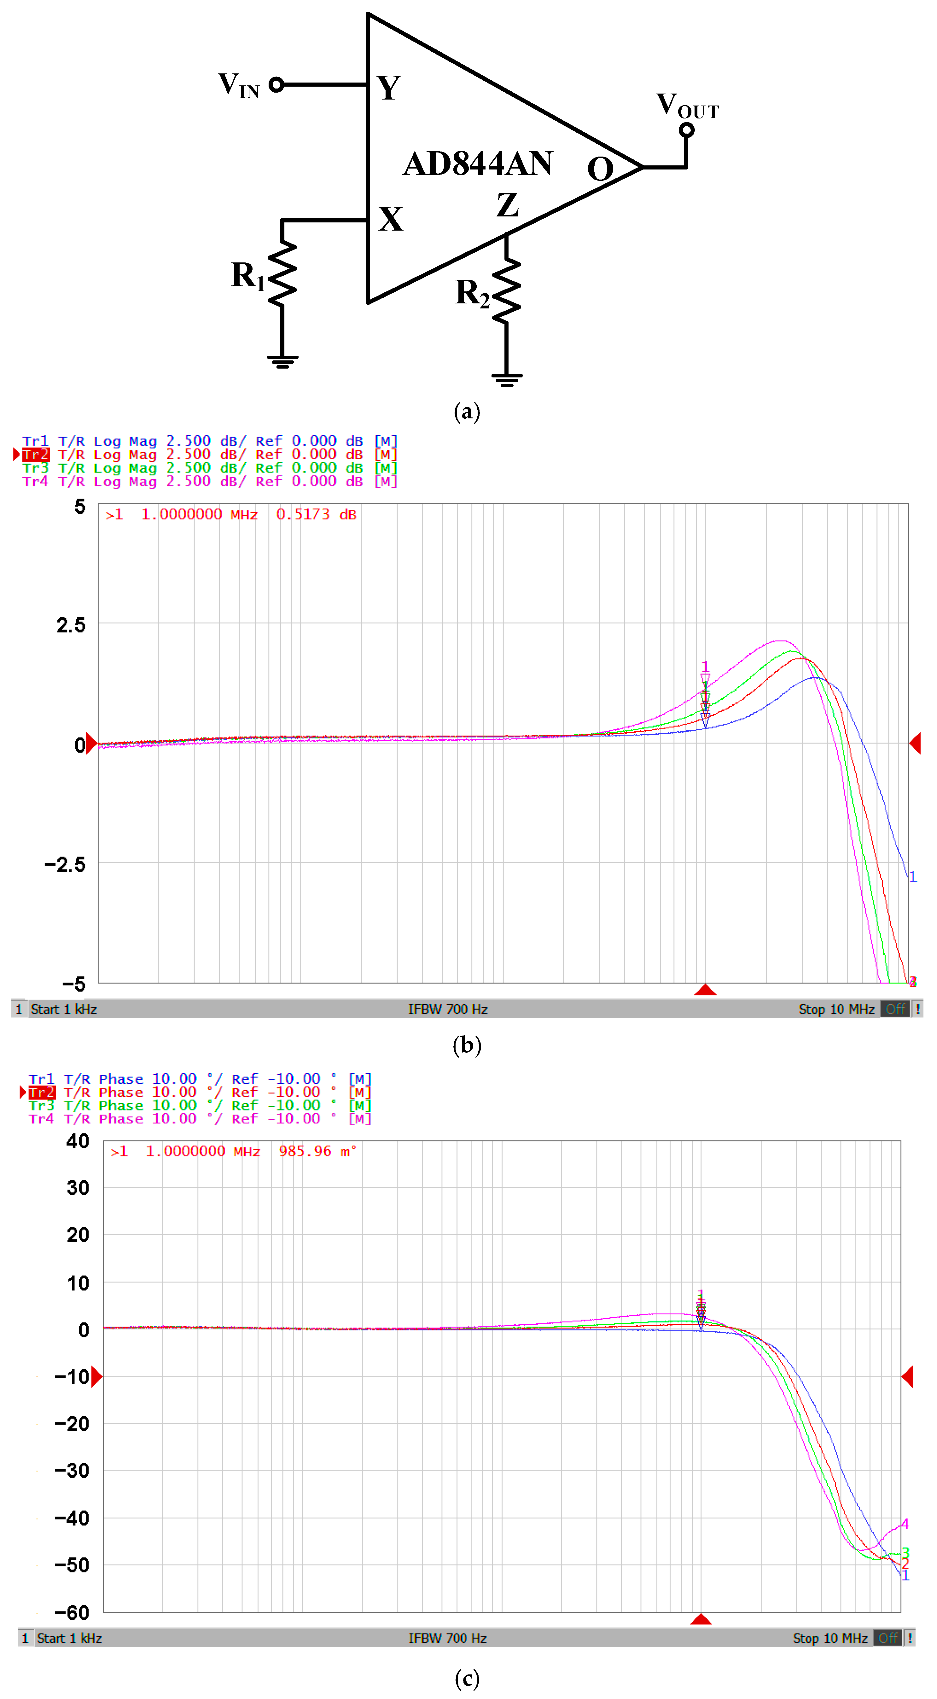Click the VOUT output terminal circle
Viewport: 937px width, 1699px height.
(x=687, y=130)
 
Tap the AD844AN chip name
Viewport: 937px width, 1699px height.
(x=478, y=164)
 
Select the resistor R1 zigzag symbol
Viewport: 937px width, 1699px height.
(x=282, y=274)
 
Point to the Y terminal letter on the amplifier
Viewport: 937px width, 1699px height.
(x=389, y=88)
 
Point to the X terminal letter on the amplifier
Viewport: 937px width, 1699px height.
(x=391, y=219)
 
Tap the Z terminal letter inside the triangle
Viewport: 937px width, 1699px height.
(x=507, y=204)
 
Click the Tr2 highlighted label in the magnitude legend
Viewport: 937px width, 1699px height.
(x=36, y=454)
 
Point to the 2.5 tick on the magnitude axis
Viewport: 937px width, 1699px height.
(x=71, y=625)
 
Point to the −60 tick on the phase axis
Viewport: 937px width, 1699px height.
(x=71, y=1613)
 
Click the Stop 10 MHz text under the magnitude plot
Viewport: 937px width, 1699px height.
(x=836, y=1009)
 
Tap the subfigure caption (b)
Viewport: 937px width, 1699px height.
(x=467, y=1045)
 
